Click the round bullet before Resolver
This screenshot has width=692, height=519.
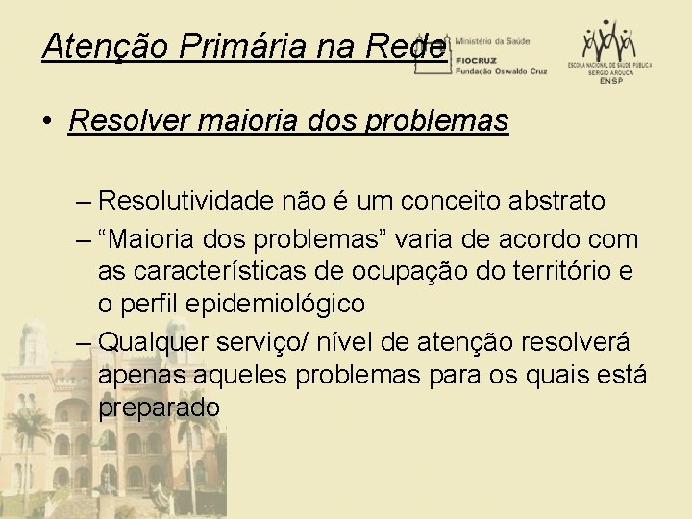coord(47,122)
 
